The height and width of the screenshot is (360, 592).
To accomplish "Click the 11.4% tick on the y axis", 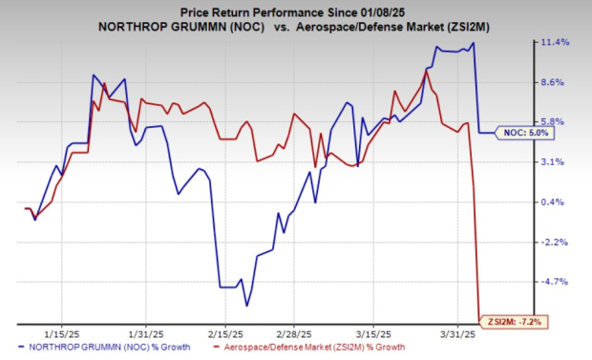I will point(556,42).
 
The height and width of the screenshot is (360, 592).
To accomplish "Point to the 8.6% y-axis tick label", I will point(556,83).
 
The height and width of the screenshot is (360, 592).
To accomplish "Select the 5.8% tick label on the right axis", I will point(556,122).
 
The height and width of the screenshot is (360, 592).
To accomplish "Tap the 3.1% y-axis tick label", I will point(556,162).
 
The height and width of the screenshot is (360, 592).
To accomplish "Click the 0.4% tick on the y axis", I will point(556,202).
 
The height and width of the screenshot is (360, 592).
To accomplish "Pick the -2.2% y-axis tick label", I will point(556,243).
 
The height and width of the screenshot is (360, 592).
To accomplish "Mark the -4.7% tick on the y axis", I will point(556,282).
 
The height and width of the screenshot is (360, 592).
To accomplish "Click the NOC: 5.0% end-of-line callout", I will point(527,133).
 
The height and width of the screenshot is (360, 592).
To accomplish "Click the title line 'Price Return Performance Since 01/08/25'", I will point(295,10).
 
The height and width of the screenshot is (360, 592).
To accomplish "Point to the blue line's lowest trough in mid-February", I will point(246,306).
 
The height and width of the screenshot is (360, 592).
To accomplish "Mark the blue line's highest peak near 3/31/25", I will point(473,42).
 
